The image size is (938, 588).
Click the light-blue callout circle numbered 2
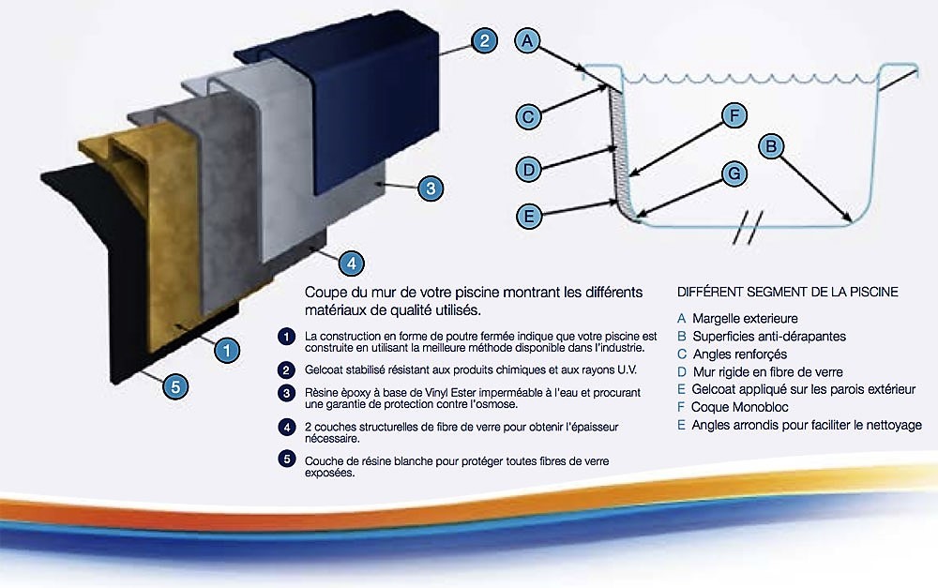[482, 41]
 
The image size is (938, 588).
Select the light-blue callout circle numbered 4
[349, 264]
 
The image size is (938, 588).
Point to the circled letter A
[528, 40]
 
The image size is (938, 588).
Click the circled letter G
[734, 173]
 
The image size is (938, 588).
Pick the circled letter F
[734, 116]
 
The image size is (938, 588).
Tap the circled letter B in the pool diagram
[770, 146]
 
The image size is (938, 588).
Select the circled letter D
[529, 170]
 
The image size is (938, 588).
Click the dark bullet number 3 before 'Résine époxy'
[285, 393]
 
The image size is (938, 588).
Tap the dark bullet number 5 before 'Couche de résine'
[285, 459]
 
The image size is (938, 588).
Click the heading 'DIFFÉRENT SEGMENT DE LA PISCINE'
[787, 293]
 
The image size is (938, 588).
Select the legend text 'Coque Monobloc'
[738, 407]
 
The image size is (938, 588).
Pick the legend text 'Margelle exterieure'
[745, 319]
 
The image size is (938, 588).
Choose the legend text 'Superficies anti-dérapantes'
[768, 337]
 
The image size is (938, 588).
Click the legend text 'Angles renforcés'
[739, 354]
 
